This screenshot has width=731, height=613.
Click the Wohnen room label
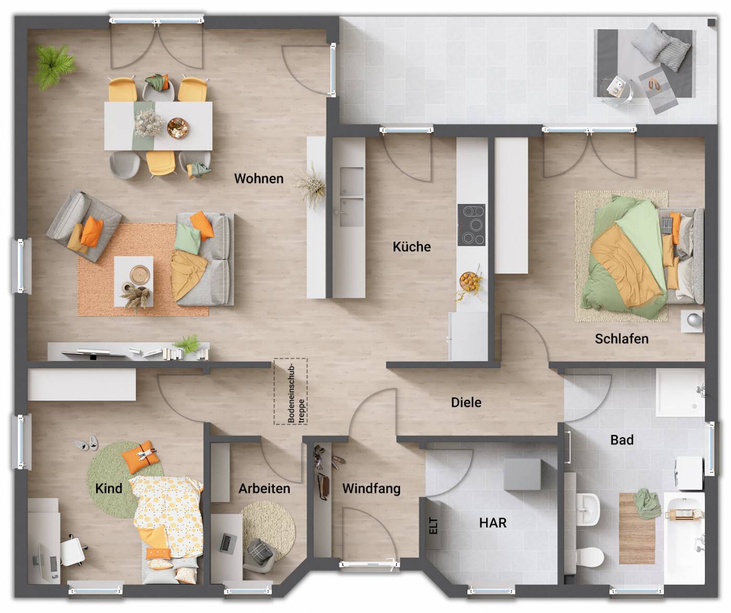pyautogui.click(x=258, y=179)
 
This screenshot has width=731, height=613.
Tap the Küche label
pyautogui.click(x=411, y=246)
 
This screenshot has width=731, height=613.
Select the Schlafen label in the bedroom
pyautogui.click(x=621, y=339)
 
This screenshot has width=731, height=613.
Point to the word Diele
pyautogui.click(x=466, y=403)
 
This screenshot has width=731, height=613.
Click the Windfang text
pyautogui.click(x=371, y=489)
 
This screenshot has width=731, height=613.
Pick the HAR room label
pyautogui.click(x=492, y=523)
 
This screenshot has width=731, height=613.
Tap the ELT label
pyautogui.click(x=433, y=526)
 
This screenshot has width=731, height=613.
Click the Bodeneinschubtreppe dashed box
pyautogui.click(x=291, y=391)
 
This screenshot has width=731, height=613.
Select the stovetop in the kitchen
pyautogui.click(x=471, y=225)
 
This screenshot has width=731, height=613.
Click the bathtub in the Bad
pyautogui.click(x=684, y=538)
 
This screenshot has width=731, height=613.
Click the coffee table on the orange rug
pyautogui.click(x=134, y=281)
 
